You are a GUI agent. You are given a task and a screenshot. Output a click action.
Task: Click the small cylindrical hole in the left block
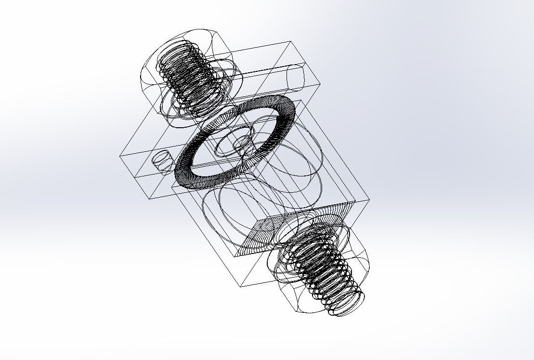click(162, 160)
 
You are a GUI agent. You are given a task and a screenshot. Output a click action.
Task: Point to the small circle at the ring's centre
click(243, 143)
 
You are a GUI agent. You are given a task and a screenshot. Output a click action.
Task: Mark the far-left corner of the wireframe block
click(120, 155)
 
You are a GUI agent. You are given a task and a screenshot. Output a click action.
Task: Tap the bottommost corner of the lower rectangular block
click(241, 286)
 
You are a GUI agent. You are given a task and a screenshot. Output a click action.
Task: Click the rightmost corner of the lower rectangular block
click(369, 199)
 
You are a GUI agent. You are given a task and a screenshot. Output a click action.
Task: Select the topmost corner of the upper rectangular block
click(290, 42)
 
